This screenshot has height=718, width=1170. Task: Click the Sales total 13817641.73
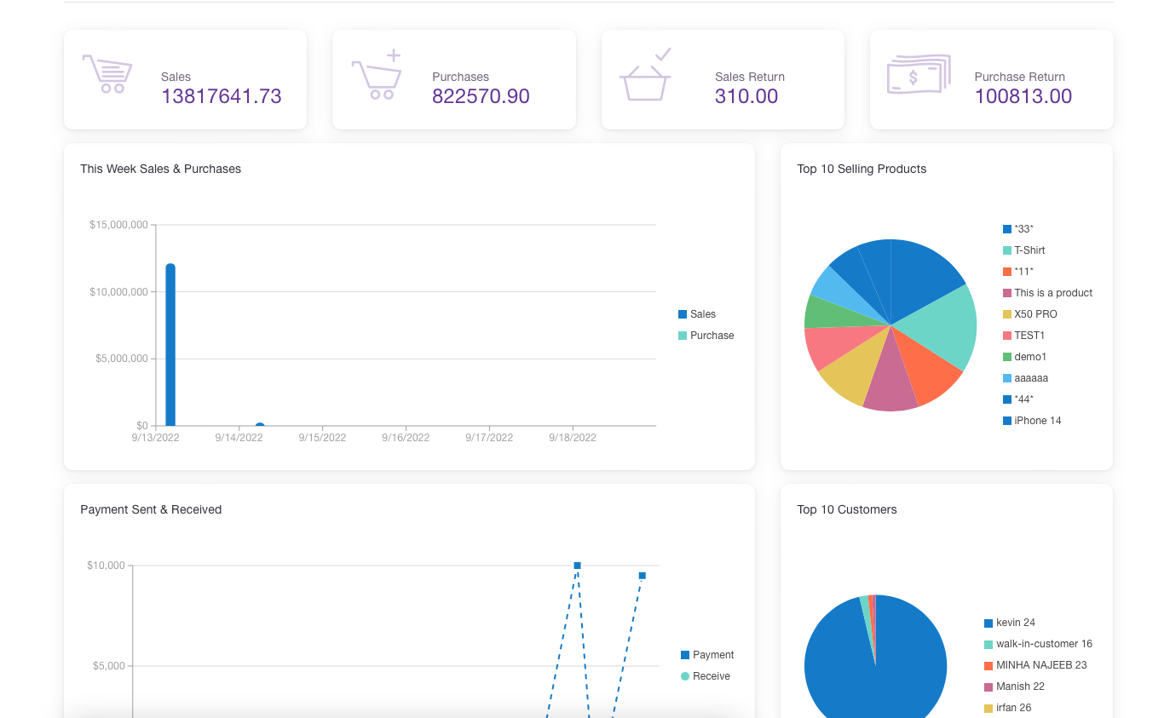[221, 96]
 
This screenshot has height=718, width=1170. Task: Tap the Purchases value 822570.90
[481, 96]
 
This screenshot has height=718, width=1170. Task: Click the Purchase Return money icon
[918, 75]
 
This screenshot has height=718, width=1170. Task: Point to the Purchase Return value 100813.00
[1023, 96]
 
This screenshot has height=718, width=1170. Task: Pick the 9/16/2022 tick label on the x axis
[406, 438]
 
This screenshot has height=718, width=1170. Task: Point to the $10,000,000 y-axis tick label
[118, 292]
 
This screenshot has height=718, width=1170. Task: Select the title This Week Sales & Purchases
[160, 169]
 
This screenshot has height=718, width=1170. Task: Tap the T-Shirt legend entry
[1029, 250]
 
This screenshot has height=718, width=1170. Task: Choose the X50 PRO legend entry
[1035, 314]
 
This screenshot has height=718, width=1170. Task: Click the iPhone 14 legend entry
[1037, 421]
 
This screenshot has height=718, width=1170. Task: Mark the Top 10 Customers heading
[846, 509]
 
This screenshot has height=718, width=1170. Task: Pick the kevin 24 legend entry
[1015, 623]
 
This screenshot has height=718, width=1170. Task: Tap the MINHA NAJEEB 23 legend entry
[1040, 665]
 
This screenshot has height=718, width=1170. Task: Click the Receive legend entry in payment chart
[711, 676]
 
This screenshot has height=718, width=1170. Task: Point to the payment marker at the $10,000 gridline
[577, 566]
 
